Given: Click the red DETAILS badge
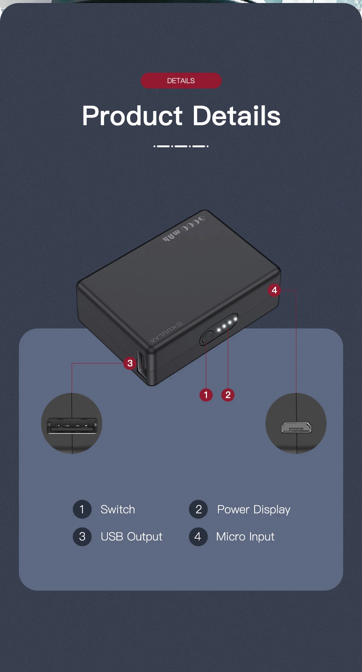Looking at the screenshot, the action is [181, 81].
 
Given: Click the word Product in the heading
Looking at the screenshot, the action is [132, 116].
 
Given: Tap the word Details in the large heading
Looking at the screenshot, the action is [237, 116].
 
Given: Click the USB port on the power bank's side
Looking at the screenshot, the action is [142, 365].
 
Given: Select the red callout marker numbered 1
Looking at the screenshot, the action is [206, 395].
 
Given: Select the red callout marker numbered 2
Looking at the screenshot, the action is [228, 395].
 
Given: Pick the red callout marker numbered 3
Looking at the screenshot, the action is [130, 363].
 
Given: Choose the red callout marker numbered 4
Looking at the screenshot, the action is [275, 290].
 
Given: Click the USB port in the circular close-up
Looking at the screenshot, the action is [72, 426].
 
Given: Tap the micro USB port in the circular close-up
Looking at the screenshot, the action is [296, 428].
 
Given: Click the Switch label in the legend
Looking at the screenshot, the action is [118, 510].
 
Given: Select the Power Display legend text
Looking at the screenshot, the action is [254, 510].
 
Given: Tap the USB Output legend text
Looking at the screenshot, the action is [131, 537].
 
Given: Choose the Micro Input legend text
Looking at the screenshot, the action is [245, 537].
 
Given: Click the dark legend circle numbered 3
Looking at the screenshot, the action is [82, 537].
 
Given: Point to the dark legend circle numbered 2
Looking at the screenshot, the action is [198, 510].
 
